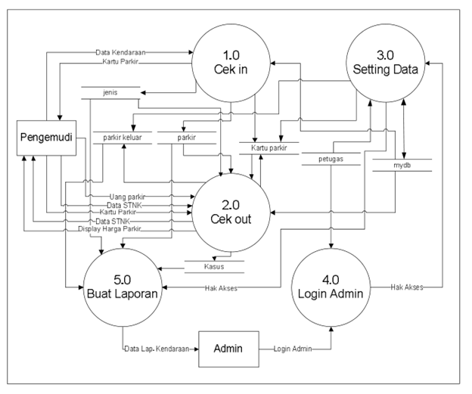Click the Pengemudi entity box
[47, 138]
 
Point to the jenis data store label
[110, 92]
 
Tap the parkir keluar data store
[122, 137]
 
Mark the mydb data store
[402, 163]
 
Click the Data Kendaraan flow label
[120, 53]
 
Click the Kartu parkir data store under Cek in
[269, 149]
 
